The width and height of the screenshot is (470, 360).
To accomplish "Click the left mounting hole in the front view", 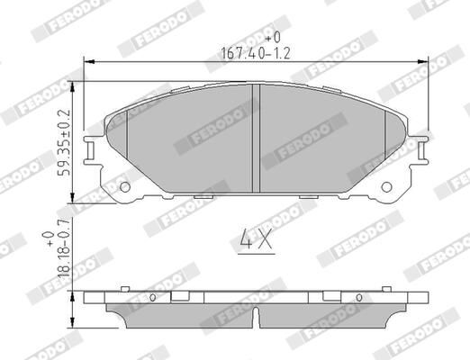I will pos(125,188).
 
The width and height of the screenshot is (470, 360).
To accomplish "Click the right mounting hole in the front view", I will pos(388,188).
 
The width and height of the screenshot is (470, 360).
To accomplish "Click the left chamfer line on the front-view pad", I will pos(127,139).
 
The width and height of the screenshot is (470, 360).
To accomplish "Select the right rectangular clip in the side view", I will pos(321,296).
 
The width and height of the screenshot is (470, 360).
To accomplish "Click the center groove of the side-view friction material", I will pos(256,316).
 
